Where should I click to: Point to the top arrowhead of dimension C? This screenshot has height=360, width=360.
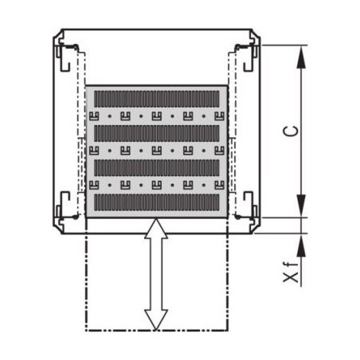pyautogui.click(x=302, y=55)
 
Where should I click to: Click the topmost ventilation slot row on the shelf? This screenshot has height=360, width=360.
pyautogui.click(x=156, y=98)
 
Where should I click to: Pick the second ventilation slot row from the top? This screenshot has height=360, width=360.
pyautogui.click(x=156, y=132)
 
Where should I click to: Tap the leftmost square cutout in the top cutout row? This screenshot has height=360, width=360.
pyautogui.click(x=93, y=115)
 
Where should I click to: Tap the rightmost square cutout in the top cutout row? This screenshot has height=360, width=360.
pyautogui.click(x=219, y=115)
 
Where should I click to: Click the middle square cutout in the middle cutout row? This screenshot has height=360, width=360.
pyautogui.click(x=156, y=150)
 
